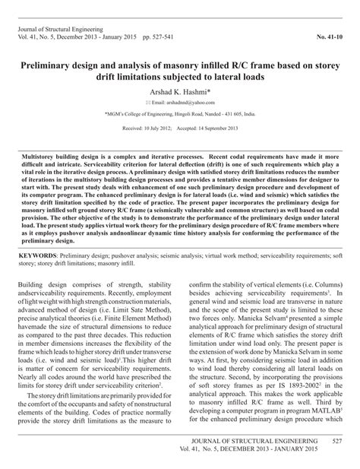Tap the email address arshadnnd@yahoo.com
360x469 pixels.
(190, 101)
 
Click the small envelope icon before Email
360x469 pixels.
(150, 101)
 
